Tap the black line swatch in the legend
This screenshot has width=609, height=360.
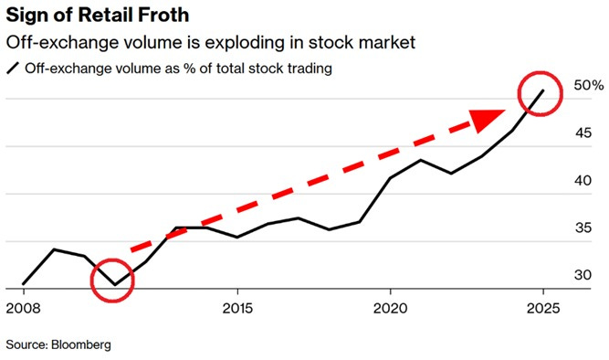pos(13,69)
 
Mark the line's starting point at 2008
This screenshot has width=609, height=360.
pos(23,284)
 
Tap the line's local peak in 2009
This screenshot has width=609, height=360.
pos(54,249)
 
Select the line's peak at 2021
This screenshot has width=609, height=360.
pos(421,160)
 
